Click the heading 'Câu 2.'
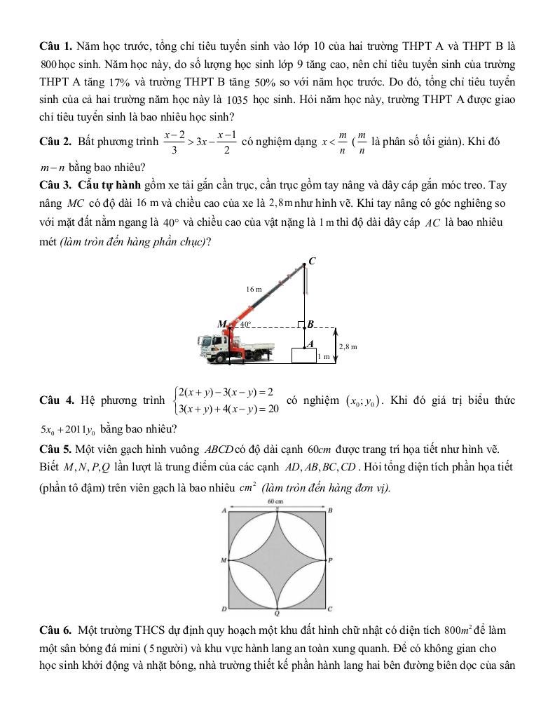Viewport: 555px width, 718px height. (x=55, y=142)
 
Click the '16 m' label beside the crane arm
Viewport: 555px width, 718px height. (x=254, y=289)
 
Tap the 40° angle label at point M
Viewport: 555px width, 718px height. (x=245, y=324)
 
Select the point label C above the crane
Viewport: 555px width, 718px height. (x=312, y=261)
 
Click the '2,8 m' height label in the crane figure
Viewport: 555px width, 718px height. (x=348, y=346)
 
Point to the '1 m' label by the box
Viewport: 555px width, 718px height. (x=323, y=357)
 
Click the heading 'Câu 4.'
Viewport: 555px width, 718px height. (x=56, y=400)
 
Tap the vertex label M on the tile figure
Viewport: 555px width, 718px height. (x=224, y=561)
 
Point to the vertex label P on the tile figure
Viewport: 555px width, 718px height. (x=330, y=561)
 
